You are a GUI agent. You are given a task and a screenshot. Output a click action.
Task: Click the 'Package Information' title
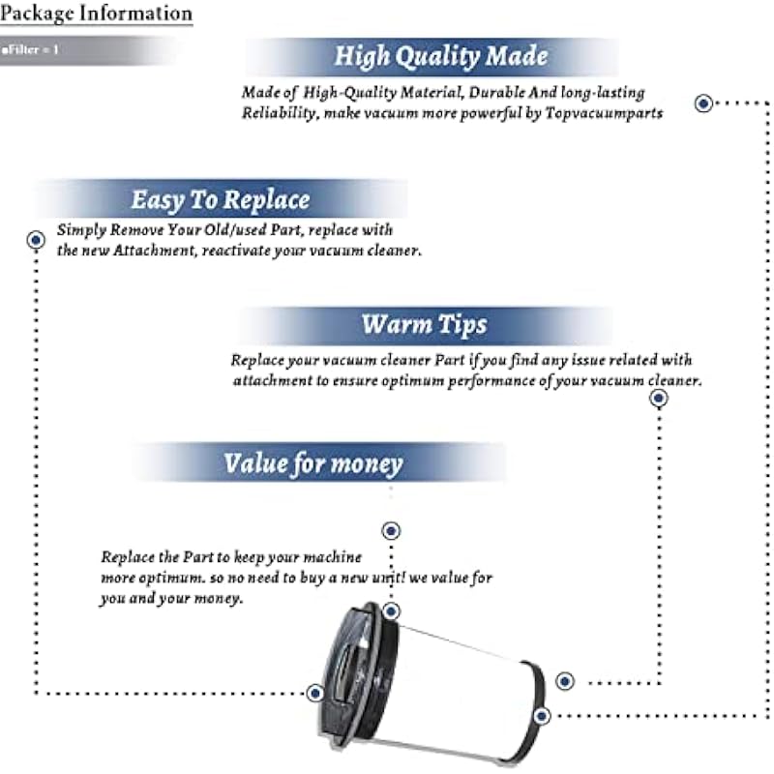(x=96, y=15)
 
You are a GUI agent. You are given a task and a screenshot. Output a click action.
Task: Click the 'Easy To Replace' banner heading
(x=221, y=200)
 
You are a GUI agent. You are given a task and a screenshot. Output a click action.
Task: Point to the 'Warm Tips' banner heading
(x=424, y=323)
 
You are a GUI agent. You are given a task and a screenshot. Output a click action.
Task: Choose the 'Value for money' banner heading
(x=313, y=462)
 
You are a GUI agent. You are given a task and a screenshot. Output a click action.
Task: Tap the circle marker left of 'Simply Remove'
(x=36, y=239)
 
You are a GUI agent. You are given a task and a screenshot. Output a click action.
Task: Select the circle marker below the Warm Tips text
(x=659, y=398)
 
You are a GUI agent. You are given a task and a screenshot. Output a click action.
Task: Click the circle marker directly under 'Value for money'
(x=391, y=530)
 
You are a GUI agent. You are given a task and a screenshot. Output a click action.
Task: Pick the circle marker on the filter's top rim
(x=391, y=611)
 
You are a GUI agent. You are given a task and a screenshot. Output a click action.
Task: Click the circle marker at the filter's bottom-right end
(x=542, y=716)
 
